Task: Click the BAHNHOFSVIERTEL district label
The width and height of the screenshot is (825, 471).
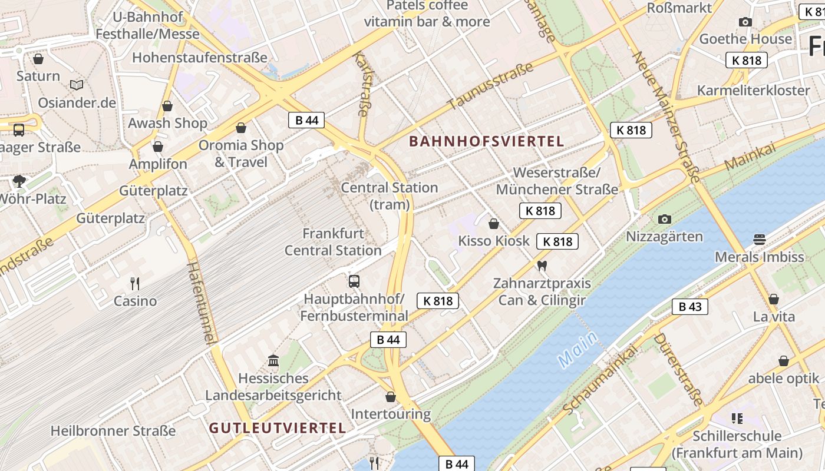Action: (x=486, y=141)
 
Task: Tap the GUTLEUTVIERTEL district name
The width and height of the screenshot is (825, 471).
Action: (x=277, y=428)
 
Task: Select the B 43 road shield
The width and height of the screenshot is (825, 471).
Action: (x=690, y=307)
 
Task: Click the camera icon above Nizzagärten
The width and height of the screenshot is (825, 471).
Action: (x=665, y=220)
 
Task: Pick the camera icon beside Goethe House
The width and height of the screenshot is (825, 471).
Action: (x=745, y=22)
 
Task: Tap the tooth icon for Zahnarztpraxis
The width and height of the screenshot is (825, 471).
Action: (x=542, y=266)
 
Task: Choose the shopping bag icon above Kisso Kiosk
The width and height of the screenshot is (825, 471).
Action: (x=494, y=224)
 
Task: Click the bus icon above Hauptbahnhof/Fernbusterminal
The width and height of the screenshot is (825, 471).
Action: (x=354, y=281)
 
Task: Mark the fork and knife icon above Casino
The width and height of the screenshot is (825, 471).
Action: (x=135, y=284)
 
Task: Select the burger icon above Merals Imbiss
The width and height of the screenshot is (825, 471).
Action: (x=759, y=240)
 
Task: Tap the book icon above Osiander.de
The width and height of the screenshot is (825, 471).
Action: (x=77, y=85)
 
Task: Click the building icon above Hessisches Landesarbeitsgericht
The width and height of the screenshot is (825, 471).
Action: (x=273, y=360)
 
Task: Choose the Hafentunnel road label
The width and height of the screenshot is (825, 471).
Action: (x=200, y=303)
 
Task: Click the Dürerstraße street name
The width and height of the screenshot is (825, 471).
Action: (x=678, y=370)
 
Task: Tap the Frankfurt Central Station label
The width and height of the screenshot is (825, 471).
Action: (x=333, y=242)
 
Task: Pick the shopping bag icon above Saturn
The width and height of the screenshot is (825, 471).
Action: (x=38, y=59)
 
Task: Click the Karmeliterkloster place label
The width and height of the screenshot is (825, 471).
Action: (x=753, y=90)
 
